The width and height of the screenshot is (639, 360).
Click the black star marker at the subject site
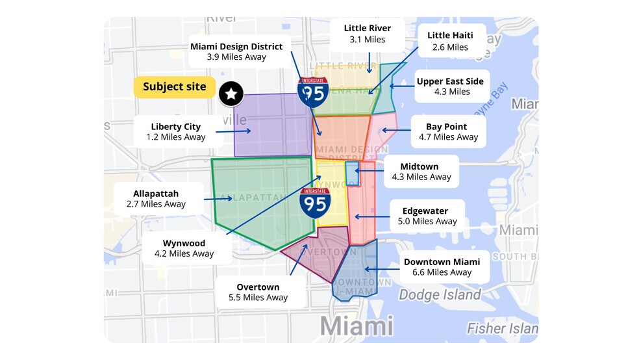point(231,94)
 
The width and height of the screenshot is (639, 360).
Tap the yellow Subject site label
point(174,87)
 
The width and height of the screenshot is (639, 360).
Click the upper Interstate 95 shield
point(313,92)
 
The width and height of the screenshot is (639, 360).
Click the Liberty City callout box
point(175,131)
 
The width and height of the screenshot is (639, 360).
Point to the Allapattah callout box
point(156,198)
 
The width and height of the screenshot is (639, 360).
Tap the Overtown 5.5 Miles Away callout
point(258,292)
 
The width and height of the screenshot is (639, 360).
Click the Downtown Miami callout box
point(442,266)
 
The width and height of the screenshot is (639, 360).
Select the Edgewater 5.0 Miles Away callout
point(427,216)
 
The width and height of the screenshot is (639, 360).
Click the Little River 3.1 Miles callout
point(367,34)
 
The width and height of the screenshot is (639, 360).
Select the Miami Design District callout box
point(236,51)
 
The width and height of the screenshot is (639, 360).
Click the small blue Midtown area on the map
point(352,174)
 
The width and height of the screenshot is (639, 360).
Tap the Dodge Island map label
point(440,295)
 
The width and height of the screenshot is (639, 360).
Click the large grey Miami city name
point(357,325)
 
